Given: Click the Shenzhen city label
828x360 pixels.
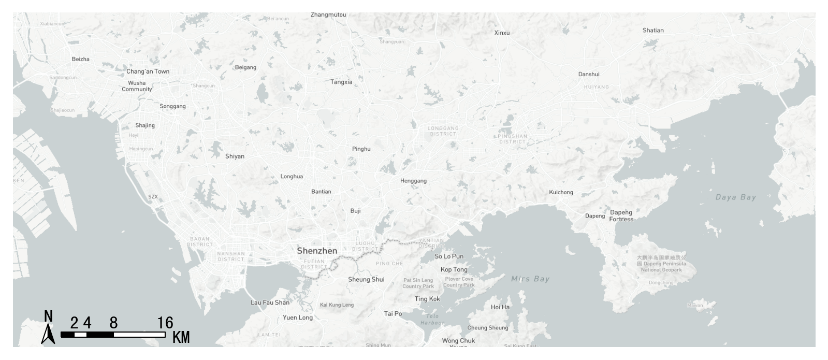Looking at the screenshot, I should (317, 251).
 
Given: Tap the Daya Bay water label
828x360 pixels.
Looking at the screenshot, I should (735, 197).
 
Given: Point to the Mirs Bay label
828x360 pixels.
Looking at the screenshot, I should (530, 279).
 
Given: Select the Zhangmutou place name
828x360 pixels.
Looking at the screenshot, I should (328, 15).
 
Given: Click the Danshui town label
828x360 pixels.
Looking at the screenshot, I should (589, 74).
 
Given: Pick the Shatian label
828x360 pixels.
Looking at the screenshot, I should (653, 31).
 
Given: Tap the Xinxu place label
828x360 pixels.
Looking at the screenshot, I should (502, 33).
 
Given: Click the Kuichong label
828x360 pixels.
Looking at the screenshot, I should (561, 192).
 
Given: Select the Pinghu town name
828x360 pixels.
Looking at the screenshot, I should (361, 149).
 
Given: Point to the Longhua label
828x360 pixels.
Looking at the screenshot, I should (292, 177).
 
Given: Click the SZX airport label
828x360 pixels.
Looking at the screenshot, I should (153, 197).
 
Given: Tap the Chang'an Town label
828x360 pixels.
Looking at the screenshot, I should (148, 71).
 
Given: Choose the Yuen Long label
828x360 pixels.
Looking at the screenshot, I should (298, 318).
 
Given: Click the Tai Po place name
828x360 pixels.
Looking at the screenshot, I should (393, 313).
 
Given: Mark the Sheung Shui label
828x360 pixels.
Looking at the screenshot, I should (366, 280).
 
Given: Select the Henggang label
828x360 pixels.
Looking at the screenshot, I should (413, 181).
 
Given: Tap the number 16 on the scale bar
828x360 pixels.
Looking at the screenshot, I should (165, 323).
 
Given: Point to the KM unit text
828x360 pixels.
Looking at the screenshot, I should (181, 338).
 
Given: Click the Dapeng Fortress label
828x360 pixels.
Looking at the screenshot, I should (621, 215).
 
